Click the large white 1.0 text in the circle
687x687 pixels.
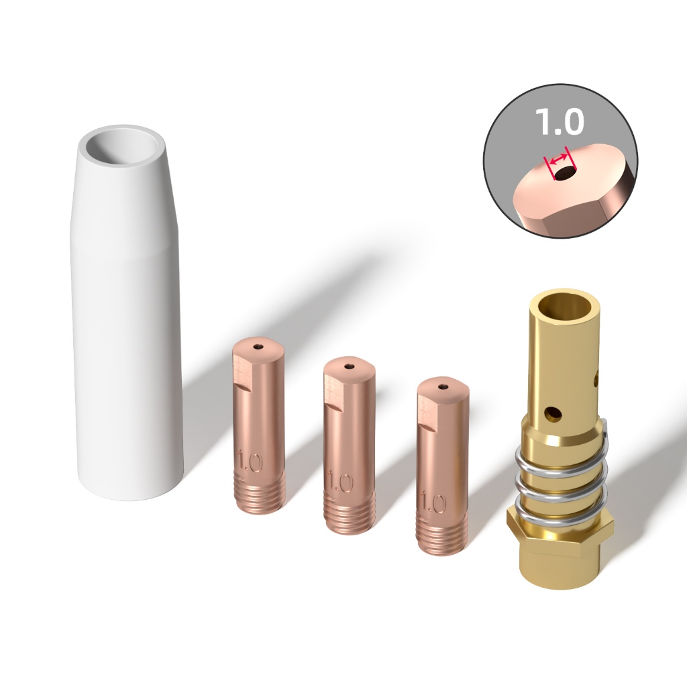point(560,121)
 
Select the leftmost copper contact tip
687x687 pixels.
point(258,425)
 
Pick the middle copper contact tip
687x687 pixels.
point(350,445)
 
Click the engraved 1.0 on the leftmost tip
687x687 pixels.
point(250,462)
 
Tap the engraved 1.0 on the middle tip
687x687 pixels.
point(340,482)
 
